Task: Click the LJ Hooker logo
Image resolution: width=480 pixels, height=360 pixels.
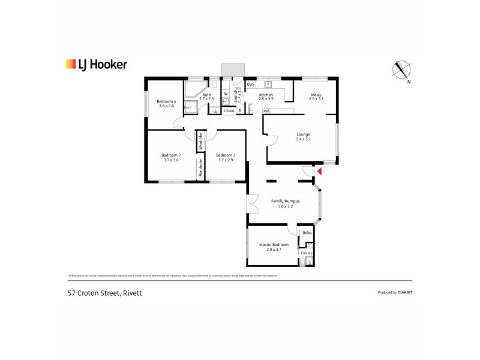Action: [96, 64]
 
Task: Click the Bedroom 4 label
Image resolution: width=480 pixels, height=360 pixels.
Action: [166, 101]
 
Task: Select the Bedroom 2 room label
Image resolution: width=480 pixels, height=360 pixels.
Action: [171, 155]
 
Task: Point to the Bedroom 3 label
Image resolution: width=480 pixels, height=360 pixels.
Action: [226, 155]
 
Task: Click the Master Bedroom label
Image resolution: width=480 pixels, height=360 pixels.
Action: [274, 245]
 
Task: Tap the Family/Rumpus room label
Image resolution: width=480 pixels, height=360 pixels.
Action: [286, 202]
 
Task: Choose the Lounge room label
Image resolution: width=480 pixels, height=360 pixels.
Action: [304, 134]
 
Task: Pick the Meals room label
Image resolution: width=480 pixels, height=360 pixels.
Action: [316, 95]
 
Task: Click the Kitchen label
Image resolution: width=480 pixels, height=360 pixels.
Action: [266, 95]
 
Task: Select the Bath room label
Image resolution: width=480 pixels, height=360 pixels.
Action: [206, 95]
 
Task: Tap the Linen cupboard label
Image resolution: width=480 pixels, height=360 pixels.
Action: [229, 110]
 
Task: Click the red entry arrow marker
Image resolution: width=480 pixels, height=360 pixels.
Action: [320, 172]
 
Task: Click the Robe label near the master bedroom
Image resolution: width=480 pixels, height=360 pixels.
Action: [307, 232]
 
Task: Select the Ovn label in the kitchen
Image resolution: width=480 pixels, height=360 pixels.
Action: [250, 85]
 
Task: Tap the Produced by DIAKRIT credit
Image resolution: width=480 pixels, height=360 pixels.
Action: [394, 292]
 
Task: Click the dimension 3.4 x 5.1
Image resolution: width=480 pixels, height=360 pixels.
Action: [304, 139]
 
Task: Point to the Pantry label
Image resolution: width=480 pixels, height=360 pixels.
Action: [250, 108]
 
